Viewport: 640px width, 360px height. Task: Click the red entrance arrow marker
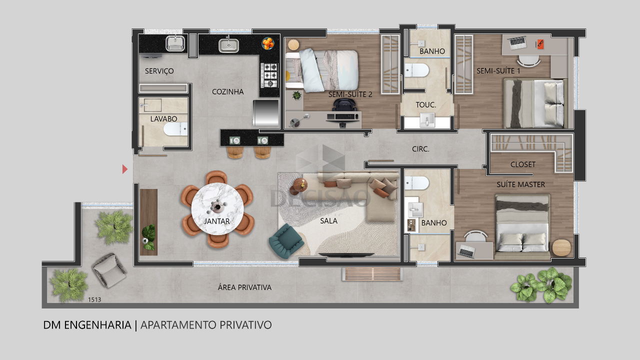[124, 169]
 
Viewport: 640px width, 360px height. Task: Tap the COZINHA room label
[227, 91]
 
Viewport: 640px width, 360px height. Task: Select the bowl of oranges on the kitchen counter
[268, 43]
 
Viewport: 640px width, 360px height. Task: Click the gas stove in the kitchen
[269, 75]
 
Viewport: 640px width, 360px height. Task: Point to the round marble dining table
[217, 208]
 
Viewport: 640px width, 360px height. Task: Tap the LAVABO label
[163, 119]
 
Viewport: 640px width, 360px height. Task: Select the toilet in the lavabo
[175, 129]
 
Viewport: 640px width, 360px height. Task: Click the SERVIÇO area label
[159, 71]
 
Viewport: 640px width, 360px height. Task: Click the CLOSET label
[523, 164]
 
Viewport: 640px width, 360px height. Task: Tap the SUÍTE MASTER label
[520, 184]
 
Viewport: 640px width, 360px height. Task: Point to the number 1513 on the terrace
[94, 299]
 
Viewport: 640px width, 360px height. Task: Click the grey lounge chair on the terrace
[109, 270]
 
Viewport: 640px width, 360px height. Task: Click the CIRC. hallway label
[420, 149]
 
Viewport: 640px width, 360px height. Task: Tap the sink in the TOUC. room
[427, 120]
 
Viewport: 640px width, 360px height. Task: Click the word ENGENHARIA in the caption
[97, 325]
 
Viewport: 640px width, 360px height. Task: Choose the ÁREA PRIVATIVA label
[244, 287]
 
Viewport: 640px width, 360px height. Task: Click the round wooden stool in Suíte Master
[561, 247]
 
